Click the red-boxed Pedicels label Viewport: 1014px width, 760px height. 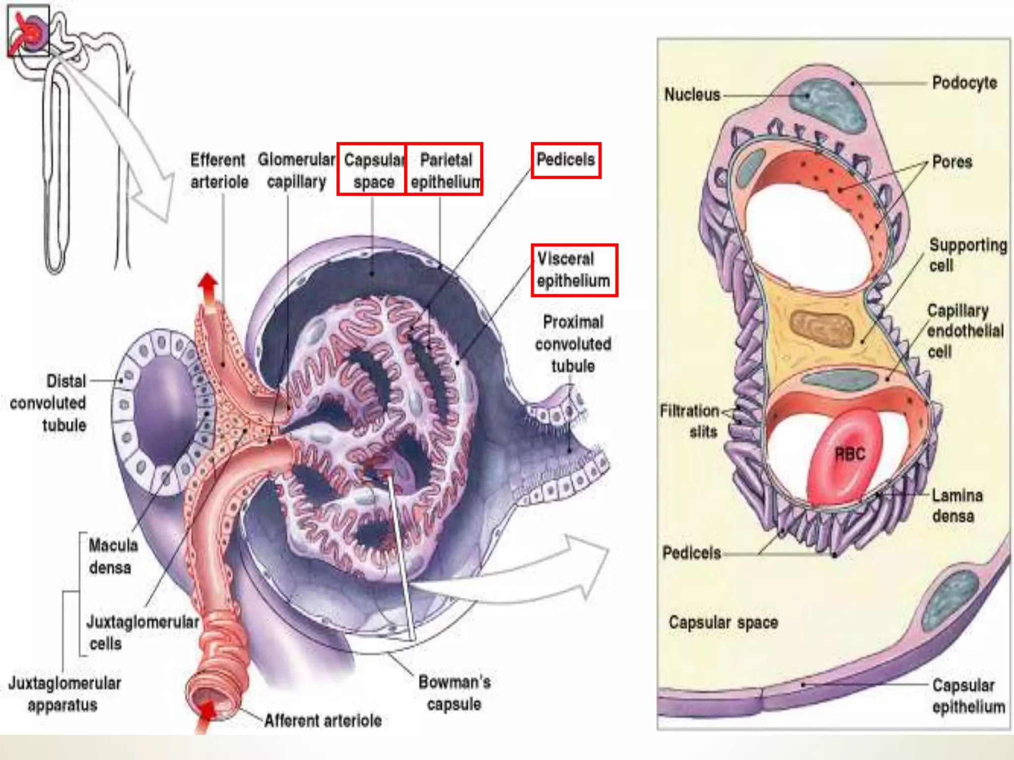pyautogui.click(x=565, y=160)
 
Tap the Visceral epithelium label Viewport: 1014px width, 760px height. pyautogui.click(x=573, y=270)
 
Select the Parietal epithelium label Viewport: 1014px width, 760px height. pyautogui.click(x=445, y=170)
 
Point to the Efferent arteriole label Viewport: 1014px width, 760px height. pyautogui.click(x=218, y=171)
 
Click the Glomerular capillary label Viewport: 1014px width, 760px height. pyautogui.click(x=296, y=171)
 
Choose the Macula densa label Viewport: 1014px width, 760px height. pyautogui.click(x=112, y=556)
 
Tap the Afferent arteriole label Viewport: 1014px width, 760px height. pyautogui.click(x=323, y=720)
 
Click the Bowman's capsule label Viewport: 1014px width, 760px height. pyautogui.click(x=454, y=693)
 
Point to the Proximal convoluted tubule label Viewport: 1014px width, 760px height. pyautogui.click(x=573, y=344)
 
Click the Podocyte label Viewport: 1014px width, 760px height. pyautogui.click(x=964, y=83)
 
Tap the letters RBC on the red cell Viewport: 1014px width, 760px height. pyautogui.click(x=850, y=454)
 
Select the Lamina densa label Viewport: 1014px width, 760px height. pyautogui.click(x=957, y=506)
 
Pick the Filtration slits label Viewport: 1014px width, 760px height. pyautogui.click(x=690, y=421)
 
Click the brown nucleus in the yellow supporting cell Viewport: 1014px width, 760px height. pyautogui.click(x=821, y=327)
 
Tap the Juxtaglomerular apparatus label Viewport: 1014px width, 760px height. pyautogui.click(x=64, y=694)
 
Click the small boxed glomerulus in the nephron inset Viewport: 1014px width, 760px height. pyautogui.click(x=28, y=31)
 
